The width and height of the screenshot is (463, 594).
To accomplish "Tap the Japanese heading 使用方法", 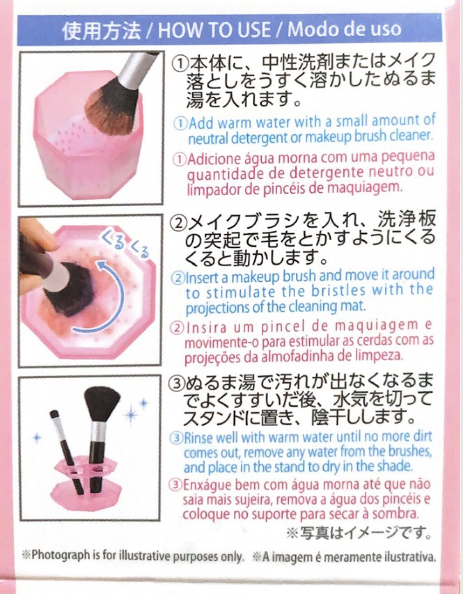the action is coord(101,31).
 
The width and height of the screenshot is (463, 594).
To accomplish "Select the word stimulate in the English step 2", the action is coord(241,293).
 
